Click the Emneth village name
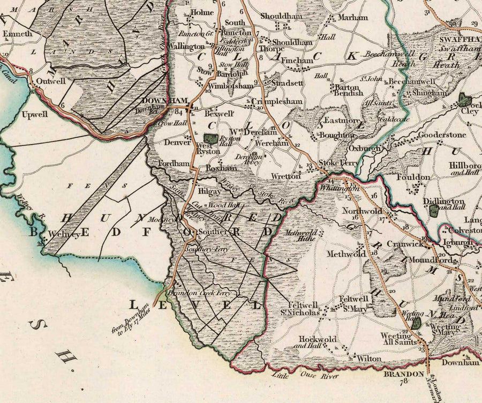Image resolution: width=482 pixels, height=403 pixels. (18, 33)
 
